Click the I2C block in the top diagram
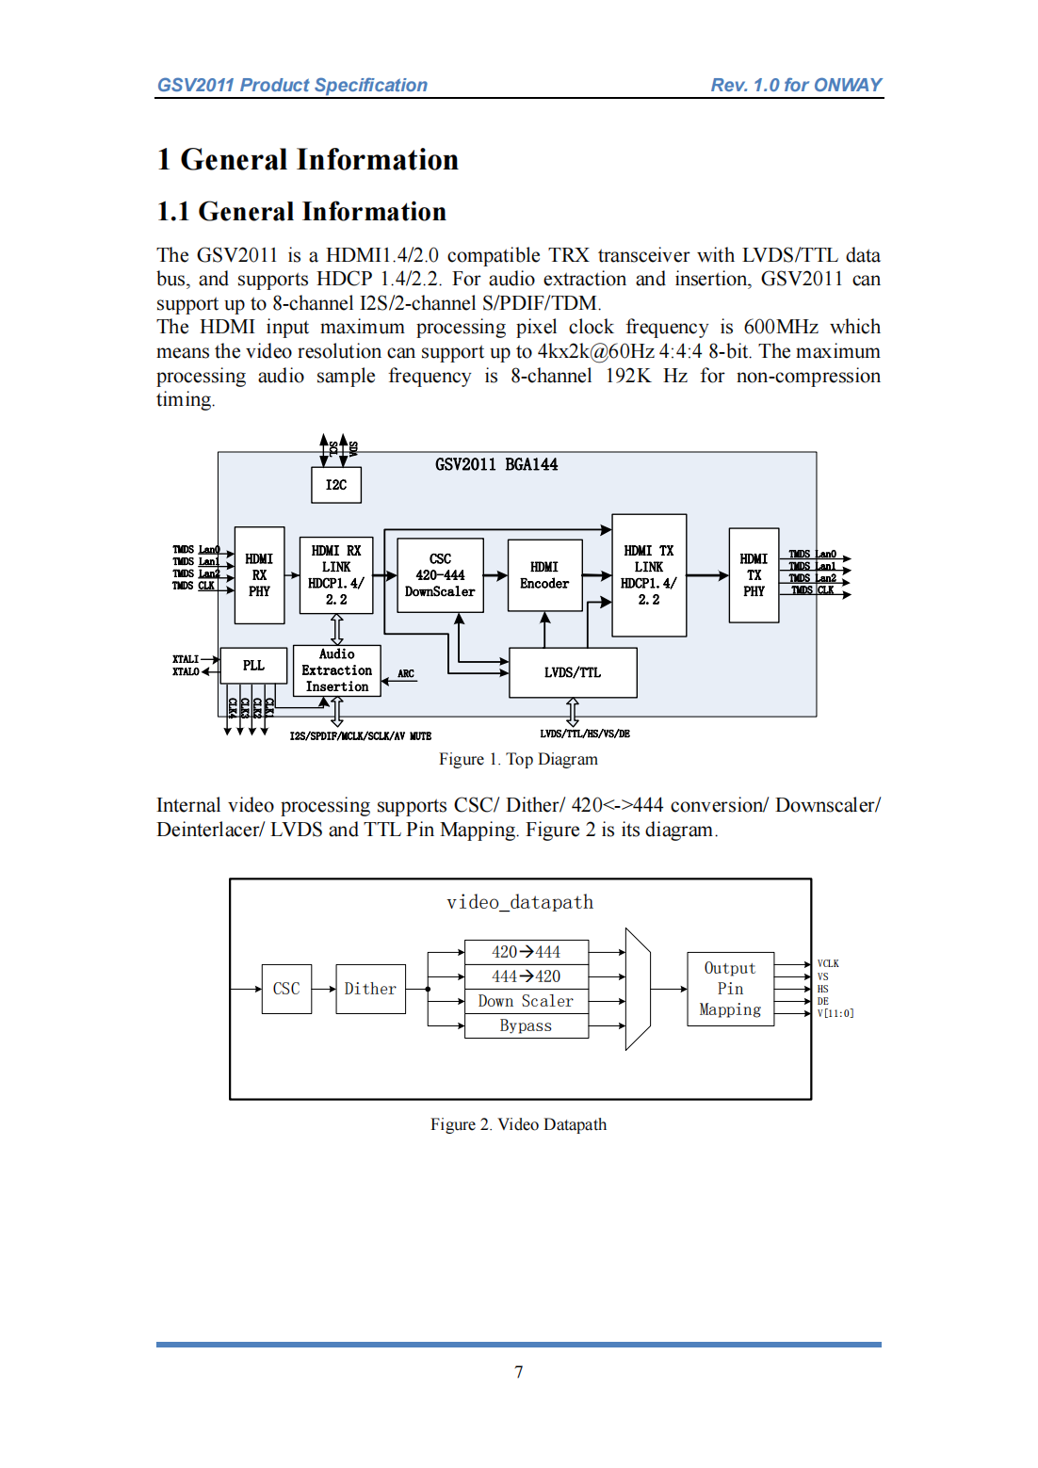(x=336, y=485)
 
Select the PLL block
(x=253, y=666)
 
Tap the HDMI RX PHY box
(x=259, y=575)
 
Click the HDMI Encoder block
(x=544, y=575)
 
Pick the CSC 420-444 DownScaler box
(x=440, y=575)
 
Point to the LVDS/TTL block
(x=573, y=672)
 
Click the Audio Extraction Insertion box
(x=337, y=670)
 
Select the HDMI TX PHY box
(x=754, y=575)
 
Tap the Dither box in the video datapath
(x=370, y=989)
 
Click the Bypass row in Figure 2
(x=526, y=1025)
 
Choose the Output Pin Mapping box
(x=730, y=989)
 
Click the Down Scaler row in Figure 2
(x=526, y=1001)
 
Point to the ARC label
(x=406, y=674)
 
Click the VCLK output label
(x=828, y=964)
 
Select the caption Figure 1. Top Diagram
(x=518, y=759)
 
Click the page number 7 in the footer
(x=519, y=1372)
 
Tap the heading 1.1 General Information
(x=301, y=212)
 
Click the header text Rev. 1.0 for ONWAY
(x=796, y=85)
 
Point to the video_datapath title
(x=520, y=902)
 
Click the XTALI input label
(x=186, y=659)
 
